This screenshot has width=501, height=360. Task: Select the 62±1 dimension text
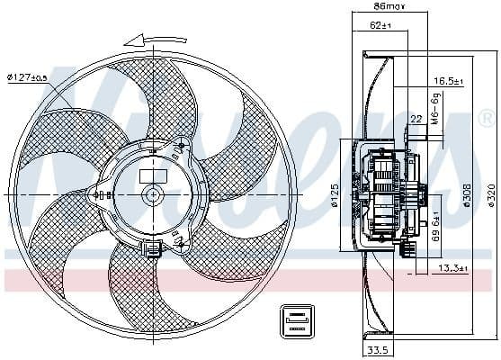[x=382, y=26]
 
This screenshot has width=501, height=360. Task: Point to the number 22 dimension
[x=416, y=119]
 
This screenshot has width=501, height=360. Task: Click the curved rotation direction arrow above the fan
[x=148, y=39]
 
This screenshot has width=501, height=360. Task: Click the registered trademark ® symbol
[x=486, y=117]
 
